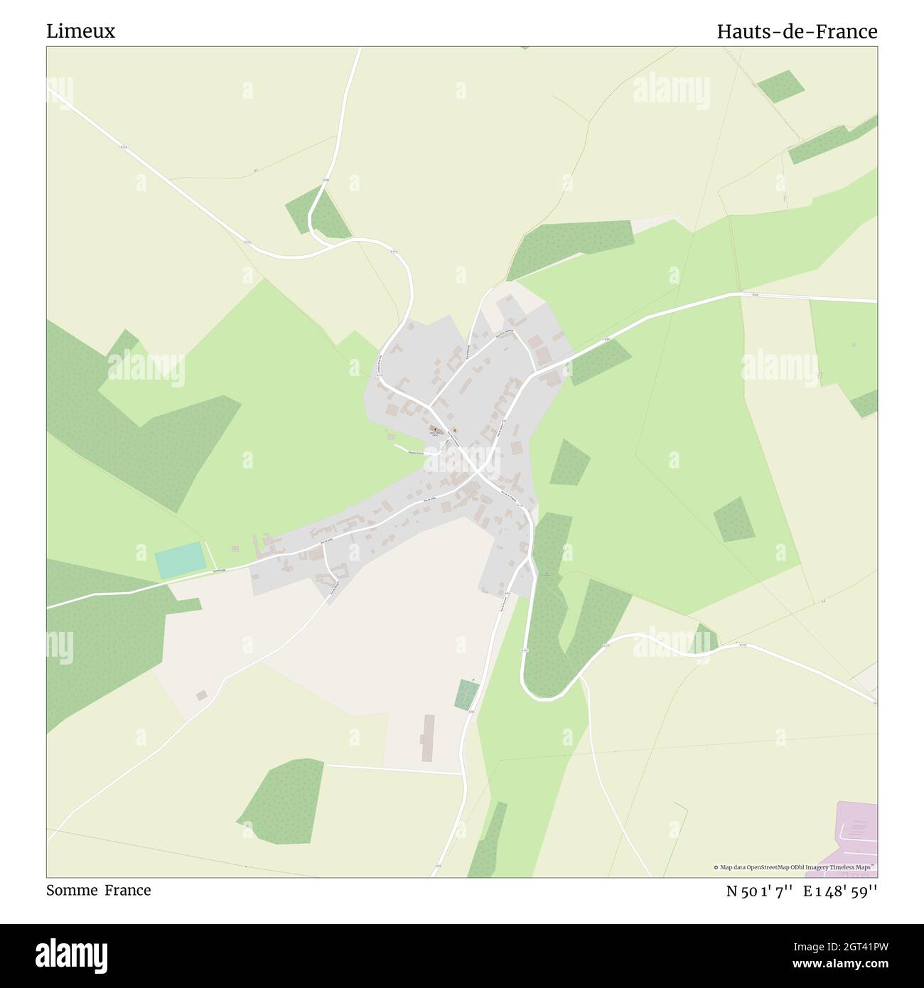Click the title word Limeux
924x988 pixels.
click(x=80, y=31)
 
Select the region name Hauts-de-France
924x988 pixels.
click(x=796, y=31)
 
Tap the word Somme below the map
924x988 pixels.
click(x=71, y=890)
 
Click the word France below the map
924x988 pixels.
click(x=128, y=890)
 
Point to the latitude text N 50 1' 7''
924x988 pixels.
click(x=759, y=891)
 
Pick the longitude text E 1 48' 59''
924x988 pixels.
click(x=840, y=891)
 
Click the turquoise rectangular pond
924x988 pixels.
click(x=180, y=559)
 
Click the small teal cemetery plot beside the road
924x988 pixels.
click(x=466, y=693)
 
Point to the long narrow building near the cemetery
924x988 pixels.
click(x=427, y=738)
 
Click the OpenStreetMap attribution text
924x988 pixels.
click(x=795, y=867)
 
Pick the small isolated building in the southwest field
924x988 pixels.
click(x=202, y=695)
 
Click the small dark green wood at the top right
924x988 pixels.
click(x=780, y=86)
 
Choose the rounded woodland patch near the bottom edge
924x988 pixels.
click(x=283, y=801)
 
